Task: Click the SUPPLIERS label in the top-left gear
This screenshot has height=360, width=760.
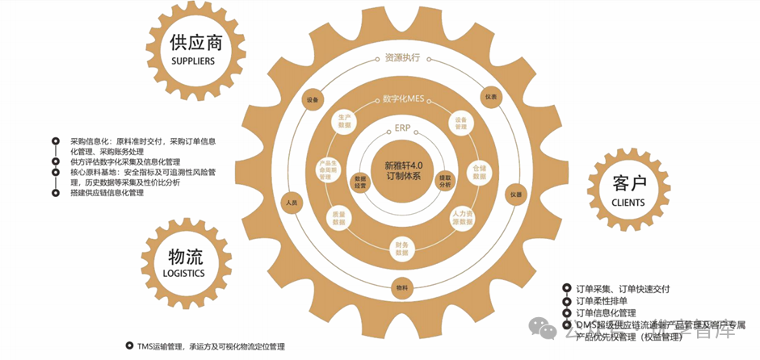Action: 196,61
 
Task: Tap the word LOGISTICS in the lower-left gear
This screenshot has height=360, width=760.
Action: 185,273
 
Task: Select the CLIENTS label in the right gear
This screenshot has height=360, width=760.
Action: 628,202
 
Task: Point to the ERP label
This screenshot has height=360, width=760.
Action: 403,128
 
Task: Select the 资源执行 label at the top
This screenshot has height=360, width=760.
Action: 403,58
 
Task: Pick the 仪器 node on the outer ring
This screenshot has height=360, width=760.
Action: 514,195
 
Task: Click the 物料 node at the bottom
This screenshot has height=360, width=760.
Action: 402,287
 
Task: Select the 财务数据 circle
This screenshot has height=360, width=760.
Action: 402,248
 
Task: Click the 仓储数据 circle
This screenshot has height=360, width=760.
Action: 479,172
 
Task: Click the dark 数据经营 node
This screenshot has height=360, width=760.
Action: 360,182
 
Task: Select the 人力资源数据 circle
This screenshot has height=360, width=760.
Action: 462,217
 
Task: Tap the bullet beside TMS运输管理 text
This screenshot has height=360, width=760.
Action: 128,345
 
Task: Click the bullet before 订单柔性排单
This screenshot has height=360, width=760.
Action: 565,300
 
